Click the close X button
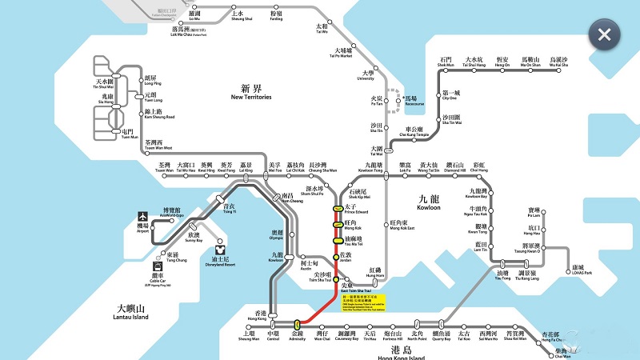click(x=605, y=34)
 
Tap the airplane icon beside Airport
click(x=143, y=216)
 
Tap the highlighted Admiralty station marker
click(x=297, y=325)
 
